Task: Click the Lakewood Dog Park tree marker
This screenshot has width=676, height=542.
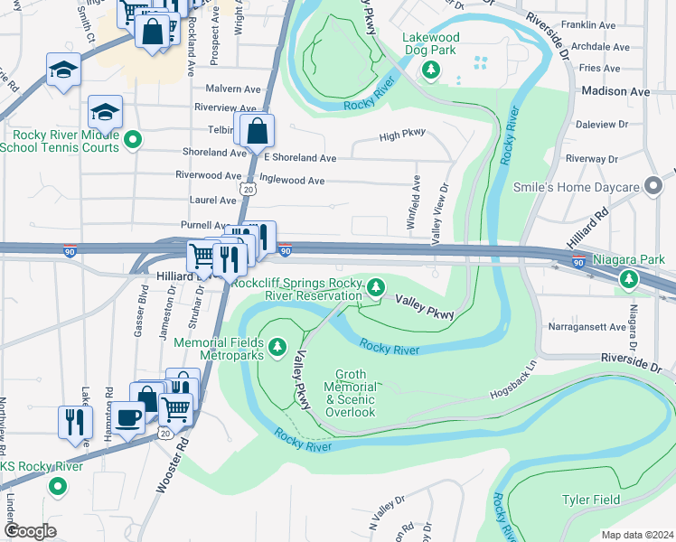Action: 432,70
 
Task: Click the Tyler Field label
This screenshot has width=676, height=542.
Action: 591,500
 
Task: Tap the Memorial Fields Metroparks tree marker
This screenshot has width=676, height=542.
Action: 277,345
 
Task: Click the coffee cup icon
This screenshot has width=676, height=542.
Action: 130,416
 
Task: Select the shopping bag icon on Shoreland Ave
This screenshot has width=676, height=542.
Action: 258,132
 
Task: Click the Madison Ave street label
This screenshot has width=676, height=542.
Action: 615,92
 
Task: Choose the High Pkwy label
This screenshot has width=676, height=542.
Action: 401,136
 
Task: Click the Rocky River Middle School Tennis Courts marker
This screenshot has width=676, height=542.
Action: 133,139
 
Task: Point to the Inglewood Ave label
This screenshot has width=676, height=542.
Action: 291,181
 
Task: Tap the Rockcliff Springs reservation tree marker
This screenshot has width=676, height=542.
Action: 376,288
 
